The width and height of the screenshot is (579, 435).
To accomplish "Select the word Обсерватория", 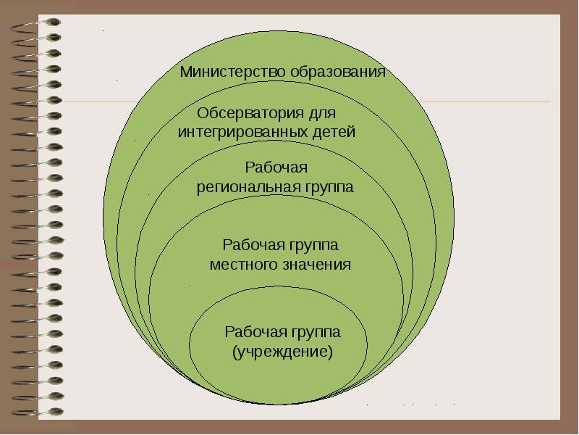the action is [x=245, y=115].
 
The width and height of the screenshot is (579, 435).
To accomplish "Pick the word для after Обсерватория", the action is [x=318, y=115].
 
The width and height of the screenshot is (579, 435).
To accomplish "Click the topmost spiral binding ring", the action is [x=33, y=22].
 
